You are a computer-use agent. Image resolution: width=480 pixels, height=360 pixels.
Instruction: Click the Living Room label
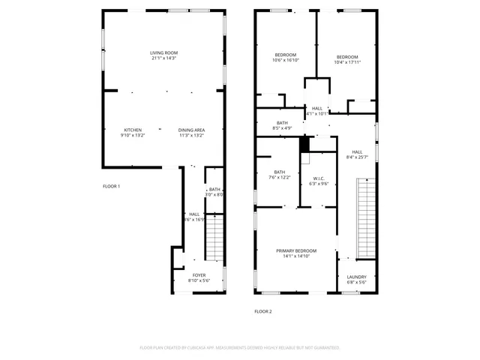(164, 52)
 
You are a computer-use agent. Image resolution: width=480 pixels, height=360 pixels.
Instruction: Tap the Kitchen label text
(133, 130)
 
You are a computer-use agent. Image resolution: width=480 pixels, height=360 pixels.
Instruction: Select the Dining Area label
(192, 130)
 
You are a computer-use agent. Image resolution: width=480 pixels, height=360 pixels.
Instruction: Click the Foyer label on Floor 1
(199, 275)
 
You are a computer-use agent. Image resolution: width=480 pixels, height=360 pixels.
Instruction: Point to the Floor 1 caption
(111, 186)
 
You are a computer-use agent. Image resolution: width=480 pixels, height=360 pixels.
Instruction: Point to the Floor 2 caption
(262, 310)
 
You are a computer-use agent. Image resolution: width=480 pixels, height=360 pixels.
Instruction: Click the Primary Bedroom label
(296, 250)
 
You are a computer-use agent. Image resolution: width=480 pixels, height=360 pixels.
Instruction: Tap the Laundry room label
(356, 277)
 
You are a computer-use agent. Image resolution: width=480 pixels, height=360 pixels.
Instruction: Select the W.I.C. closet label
(320, 178)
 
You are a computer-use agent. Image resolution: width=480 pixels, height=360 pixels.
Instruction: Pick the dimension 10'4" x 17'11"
(346, 62)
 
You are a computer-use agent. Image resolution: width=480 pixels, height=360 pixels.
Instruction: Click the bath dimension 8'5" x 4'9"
(282, 127)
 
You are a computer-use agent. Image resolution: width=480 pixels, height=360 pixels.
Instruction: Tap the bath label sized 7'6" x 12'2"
(279, 172)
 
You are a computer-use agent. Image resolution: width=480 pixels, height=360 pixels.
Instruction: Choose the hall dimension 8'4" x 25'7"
(357, 157)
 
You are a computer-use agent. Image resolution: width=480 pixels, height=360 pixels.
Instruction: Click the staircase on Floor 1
(214, 235)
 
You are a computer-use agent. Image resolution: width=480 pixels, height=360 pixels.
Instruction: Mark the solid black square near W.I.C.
(304, 144)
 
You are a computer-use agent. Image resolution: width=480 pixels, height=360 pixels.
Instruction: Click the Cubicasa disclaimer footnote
(240, 348)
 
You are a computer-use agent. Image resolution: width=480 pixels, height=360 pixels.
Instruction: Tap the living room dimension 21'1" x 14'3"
(164, 58)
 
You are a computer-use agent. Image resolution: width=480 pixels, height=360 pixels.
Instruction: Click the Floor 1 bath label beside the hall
(214, 190)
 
